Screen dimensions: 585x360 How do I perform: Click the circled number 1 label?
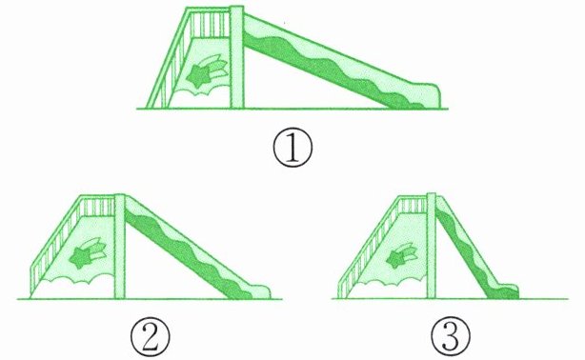(x=292, y=149)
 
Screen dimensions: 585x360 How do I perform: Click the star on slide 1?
(x=197, y=76)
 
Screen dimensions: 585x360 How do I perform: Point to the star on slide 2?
(x=80, y=257)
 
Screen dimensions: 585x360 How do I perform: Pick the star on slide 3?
(x=395, y=259)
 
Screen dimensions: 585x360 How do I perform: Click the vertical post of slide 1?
(x=236, y=57)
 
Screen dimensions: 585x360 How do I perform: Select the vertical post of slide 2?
(x=119, y=247)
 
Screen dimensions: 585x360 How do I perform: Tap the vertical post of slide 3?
(x=432, y=246)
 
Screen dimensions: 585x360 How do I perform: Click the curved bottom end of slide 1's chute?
(x=429, y=95)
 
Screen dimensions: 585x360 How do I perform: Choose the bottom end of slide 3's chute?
(x=508, y=291)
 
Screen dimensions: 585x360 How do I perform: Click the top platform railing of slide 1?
(x=210, y=23)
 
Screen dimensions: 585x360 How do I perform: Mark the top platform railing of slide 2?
(x=97, y=206)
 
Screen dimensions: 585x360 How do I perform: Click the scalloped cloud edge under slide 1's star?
(x=199, y=90)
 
